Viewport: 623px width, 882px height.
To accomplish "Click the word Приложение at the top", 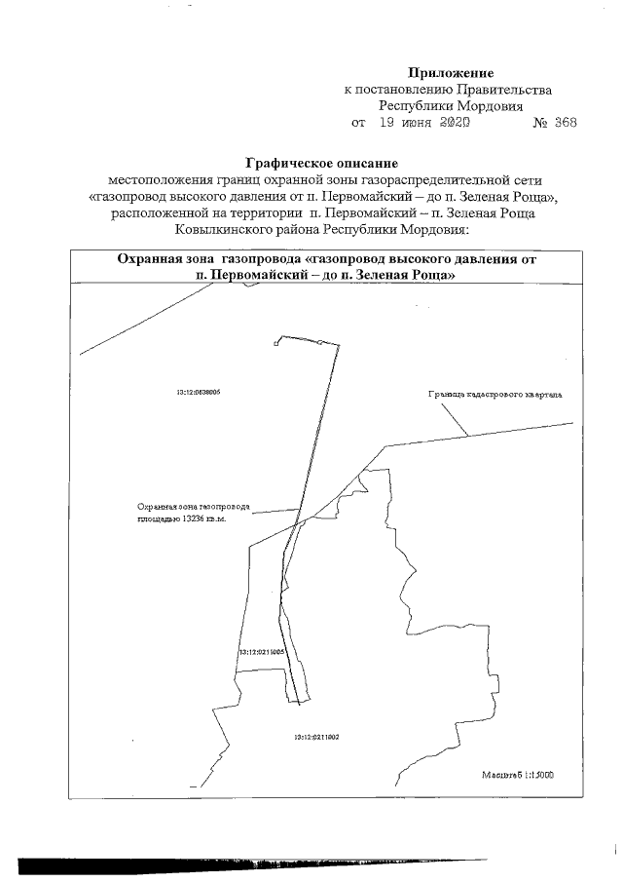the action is tap(451, 73).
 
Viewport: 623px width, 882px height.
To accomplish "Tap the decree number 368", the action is tap(566, 124).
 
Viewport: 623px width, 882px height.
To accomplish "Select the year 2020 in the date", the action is tap(454, 124).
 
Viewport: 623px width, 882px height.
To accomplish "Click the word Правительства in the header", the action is tap(506, 90).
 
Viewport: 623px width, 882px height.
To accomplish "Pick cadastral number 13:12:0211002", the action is tap(315, 738).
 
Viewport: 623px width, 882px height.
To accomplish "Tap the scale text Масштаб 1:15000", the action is tap(518, 776).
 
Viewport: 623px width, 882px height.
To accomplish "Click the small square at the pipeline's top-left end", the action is tap(277, 342).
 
